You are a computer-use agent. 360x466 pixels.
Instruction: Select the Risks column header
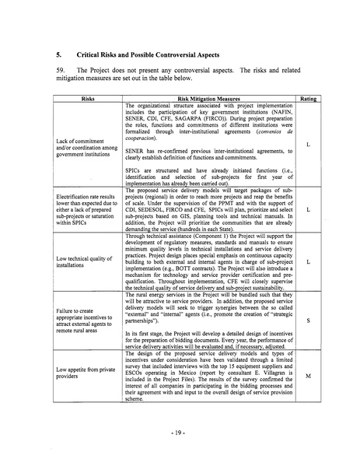pos(84,99)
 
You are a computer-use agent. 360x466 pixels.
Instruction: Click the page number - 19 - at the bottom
pos(180,429)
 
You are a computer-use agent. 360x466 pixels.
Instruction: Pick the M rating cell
pos(309,376)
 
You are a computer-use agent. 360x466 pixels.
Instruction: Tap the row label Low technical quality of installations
pos(83,265)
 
